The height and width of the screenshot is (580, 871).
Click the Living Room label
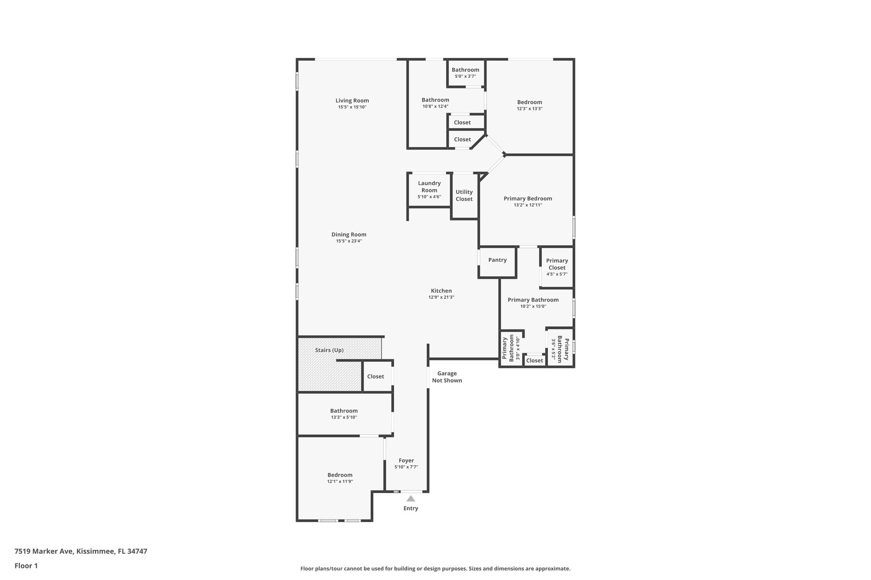point(352,101)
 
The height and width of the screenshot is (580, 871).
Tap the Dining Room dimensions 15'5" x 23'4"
point(349,241)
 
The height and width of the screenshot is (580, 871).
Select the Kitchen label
point(441,291)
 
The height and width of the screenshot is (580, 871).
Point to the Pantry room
point(497,260)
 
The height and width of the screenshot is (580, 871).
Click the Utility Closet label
point(464,195)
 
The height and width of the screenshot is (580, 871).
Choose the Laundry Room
point(429,190)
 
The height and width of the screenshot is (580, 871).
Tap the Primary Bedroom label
point(528,198)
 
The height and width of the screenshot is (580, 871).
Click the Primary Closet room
point(557,267)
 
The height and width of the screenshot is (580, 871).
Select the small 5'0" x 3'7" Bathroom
point(465,73)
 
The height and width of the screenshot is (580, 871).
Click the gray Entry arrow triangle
point(410,499)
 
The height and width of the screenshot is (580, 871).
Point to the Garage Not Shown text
point(447,377)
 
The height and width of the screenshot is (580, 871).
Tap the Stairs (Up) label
point(329,350)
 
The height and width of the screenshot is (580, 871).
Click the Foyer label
point(406,461)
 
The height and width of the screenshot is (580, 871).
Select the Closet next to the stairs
point(376,376)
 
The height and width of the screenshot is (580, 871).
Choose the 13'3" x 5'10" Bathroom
point(344,413)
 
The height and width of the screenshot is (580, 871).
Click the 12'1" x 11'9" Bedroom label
point(340,475)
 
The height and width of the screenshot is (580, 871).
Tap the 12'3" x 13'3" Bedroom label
point(529,102)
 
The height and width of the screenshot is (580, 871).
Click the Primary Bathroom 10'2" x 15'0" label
point(533,300)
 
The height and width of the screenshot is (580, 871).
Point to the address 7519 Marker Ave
point(81,551)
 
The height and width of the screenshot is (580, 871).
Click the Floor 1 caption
point(26,566)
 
